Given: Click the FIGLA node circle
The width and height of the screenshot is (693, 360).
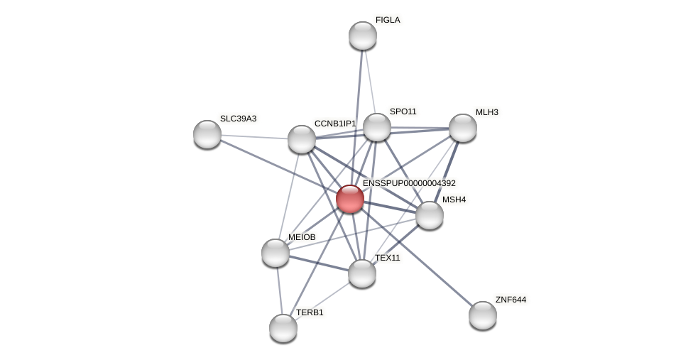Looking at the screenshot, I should click(363, 36).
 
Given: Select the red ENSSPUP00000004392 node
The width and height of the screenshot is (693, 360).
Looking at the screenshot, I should click(350, 199).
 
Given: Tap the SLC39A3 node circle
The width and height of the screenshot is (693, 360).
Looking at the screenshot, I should click(207, 134).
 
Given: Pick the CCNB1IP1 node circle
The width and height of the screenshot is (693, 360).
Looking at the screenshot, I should click(302, 139).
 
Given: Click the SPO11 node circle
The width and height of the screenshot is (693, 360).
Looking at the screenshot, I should click(377, 127).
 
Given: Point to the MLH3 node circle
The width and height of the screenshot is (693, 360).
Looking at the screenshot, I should click(463, 128).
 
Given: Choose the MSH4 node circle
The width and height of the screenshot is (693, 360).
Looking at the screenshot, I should click(430, 215).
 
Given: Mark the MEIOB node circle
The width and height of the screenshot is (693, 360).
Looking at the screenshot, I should click(275, 253).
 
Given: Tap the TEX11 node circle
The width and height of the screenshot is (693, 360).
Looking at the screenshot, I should click(362, 273).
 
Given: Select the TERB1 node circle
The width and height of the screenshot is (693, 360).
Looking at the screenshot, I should click(283, 328).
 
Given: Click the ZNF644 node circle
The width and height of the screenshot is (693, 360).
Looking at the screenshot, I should click(483, 315).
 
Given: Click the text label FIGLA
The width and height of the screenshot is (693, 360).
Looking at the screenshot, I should click(388, 20).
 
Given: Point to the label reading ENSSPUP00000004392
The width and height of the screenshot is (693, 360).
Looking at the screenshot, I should click(409, 183).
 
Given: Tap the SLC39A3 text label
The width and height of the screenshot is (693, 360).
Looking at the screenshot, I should click(238, 119).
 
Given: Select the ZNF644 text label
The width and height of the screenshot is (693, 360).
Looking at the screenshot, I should click(511, 300).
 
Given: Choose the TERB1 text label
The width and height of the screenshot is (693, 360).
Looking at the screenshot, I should click(310, 312).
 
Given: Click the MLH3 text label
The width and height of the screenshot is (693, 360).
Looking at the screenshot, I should click(486, 112).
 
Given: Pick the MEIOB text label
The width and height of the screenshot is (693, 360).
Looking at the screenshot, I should click(302, 237).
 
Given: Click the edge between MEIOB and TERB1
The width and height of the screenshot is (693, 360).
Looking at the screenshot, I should click(279, 290).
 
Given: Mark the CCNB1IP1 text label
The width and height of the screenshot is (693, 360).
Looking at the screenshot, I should click(335, 124).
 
